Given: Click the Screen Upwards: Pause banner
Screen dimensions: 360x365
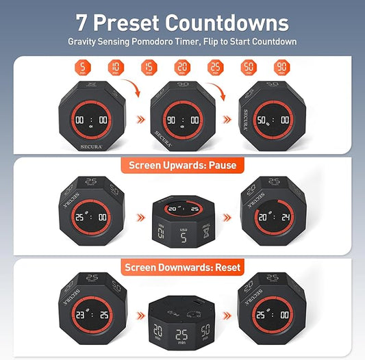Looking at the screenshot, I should coord(182,166).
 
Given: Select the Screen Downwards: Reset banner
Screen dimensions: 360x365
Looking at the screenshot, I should coord(182,267).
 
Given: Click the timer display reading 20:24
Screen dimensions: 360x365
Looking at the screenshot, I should coord(273,217).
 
